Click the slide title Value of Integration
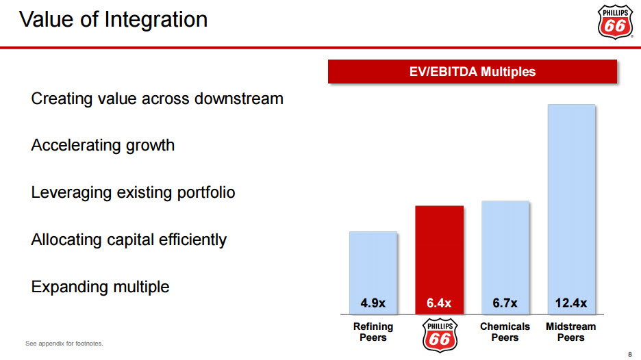[x=113, y=19]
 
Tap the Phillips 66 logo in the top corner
[x=615, y=22]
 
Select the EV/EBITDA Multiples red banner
[x=473, y=71]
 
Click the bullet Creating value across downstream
[x=157, y=99]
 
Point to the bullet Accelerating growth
[x=103, y=145]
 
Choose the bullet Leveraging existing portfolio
[x=133, y=192]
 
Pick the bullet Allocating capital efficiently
[x=129, y=240]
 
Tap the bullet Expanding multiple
[x=100, y=286]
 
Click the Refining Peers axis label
[x=373, y=332]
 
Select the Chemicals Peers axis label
[x=505, y=332]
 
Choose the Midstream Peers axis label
[x=571, y=332]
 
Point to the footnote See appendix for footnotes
[x=64, y=343]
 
